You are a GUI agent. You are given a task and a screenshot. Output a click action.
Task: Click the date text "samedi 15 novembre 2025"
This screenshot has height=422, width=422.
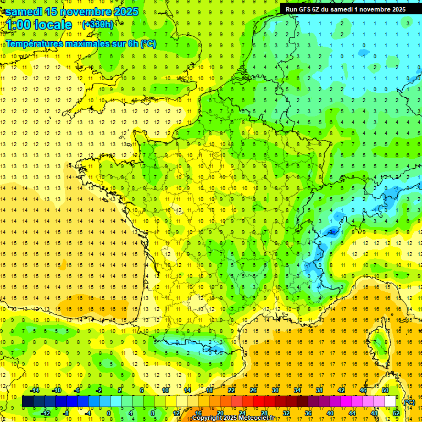[x=72, y=12]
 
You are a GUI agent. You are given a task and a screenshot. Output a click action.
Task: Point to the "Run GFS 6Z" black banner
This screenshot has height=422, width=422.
[x=345, y=9]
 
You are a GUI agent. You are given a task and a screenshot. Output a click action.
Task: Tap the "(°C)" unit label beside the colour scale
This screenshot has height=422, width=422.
[x=409, y=402]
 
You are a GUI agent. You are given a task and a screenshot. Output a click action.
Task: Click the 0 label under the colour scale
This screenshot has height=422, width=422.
[x=109, y=413]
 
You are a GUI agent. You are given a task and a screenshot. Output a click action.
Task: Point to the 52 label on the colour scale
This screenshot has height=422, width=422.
[x=396, y=413]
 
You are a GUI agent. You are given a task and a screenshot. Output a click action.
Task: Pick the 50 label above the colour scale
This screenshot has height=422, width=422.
[x=385, y=390]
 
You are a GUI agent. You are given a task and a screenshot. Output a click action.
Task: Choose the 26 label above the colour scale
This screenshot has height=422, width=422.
[x=253, y=390]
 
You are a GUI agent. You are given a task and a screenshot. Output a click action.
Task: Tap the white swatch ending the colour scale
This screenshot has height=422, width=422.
[x=391, y=402]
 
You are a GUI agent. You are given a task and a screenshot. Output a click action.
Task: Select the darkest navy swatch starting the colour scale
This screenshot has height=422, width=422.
[x=27, y=402]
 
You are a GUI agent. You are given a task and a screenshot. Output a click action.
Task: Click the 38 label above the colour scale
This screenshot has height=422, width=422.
[x=319, y=390]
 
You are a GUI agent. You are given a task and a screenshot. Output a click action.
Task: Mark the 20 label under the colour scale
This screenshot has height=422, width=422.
[x=220, y=413]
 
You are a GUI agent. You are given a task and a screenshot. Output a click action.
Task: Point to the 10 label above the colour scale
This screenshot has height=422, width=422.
[x=165, y=390]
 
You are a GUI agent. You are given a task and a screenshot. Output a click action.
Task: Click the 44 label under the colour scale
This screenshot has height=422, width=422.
[x=352, y=413]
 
